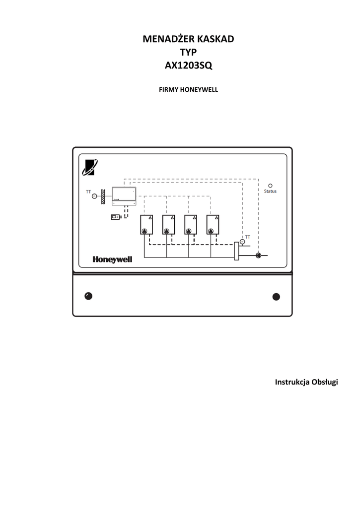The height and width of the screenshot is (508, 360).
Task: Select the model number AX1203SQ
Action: tap(188, 65)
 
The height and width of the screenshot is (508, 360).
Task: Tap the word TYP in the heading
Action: tap(188, 52)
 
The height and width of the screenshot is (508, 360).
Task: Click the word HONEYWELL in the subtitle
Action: tap(199, 90)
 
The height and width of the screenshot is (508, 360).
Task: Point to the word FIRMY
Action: tap(168, 90)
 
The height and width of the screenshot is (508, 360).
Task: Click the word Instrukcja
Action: tap(292, 382)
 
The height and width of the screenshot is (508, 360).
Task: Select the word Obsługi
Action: tap(325, 382)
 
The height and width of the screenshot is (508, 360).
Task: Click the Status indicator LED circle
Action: tap(270, 186)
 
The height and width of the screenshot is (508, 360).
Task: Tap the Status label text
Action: tap(270, 191)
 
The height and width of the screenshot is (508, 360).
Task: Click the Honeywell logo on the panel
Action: tap(112, 259)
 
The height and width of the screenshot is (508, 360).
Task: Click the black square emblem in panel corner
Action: tap(90, 168)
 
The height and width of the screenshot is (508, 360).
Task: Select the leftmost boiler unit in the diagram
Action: tap(146, 225)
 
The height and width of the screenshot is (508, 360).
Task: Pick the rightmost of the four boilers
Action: tap(213, 225)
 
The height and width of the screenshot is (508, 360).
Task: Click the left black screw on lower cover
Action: tap(88, 296)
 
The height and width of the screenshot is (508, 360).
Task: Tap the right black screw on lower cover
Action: tap(276, 297)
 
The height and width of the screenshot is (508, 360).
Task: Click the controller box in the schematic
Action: tap(124, 196)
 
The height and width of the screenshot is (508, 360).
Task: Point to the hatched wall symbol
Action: tap(103, 196)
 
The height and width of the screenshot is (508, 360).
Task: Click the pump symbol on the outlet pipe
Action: tap(258, 255)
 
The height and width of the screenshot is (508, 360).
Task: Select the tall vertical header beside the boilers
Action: tap(236, 251)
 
